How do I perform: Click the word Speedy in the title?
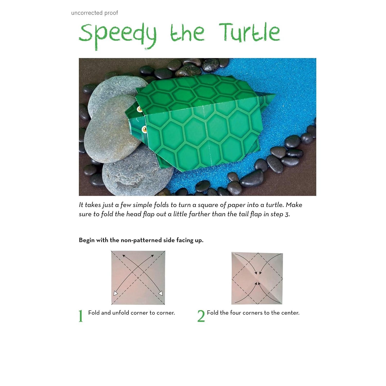(x=118, y=36)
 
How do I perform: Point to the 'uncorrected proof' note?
(x=94, y=13)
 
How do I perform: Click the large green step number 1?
(x=81, y=316)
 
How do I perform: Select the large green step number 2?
(x=201, y=316)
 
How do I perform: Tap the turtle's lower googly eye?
(x=145, y=129)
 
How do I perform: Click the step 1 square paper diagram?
(x=138, y=278)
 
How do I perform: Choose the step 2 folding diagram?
(x=257, y=278)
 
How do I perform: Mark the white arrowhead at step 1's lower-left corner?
(x=116, y=294)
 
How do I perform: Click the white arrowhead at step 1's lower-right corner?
(x=161, y=293)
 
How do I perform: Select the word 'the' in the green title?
(x=187, y=33)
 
